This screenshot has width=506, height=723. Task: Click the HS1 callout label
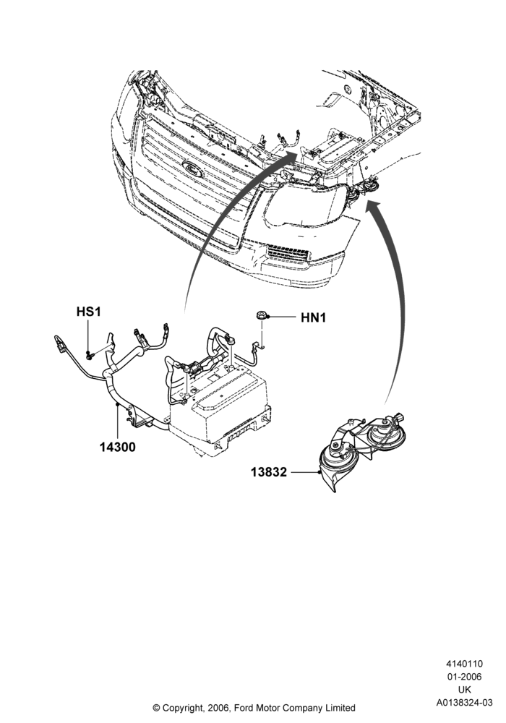click(x=88, y=312)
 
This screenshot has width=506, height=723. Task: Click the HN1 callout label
click(x=314, y=317)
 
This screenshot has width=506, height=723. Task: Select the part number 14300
click(x=118, y=447)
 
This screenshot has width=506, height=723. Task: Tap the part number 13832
click(x=269, y=472)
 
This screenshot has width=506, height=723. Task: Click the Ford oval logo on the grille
click(x=193, y=169)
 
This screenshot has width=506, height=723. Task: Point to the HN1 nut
click(x=261, y=316)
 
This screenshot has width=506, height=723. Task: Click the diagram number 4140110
click(x=465, y=664)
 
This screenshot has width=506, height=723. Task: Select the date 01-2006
click(x=465, y=677)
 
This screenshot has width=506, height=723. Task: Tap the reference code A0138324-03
click(x=465, y=703)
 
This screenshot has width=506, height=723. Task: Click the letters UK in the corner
click(x=465, y=690)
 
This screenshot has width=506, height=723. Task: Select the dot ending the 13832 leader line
click(x=319, y=472)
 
